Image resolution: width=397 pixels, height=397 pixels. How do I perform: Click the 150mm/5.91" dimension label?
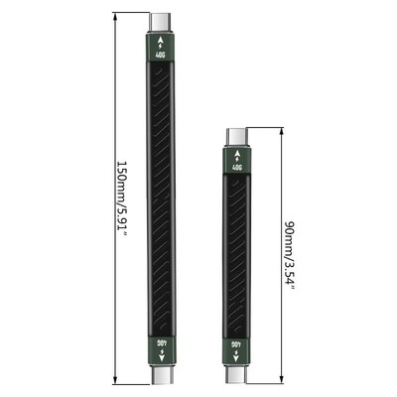coord(122,199)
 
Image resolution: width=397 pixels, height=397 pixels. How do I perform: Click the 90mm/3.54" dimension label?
coord(290,254)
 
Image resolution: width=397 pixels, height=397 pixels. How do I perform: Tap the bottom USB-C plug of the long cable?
coord(160,377)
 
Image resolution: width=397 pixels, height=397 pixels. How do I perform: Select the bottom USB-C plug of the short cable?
coord(237,377)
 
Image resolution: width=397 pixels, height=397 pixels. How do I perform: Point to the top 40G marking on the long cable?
coord(160,55)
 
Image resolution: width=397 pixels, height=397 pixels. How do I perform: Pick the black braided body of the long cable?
coord(160,198)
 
